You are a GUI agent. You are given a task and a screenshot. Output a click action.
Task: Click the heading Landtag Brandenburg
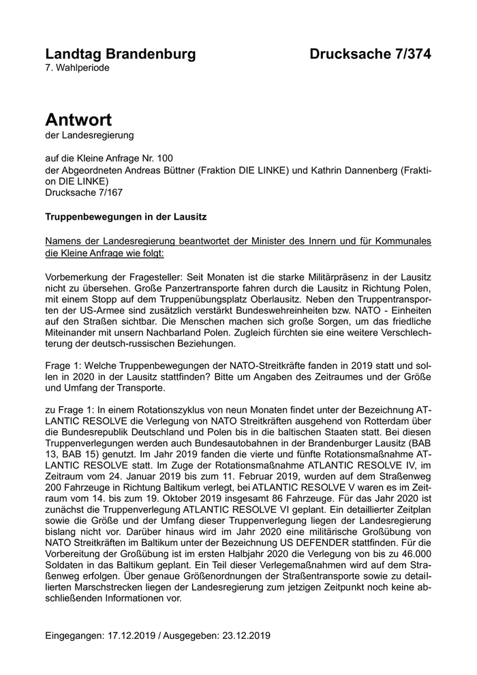coord(120,54)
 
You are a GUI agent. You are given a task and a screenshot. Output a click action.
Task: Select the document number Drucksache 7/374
coord(370,54)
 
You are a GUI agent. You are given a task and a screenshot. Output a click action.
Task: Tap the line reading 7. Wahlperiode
coord(77,67)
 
